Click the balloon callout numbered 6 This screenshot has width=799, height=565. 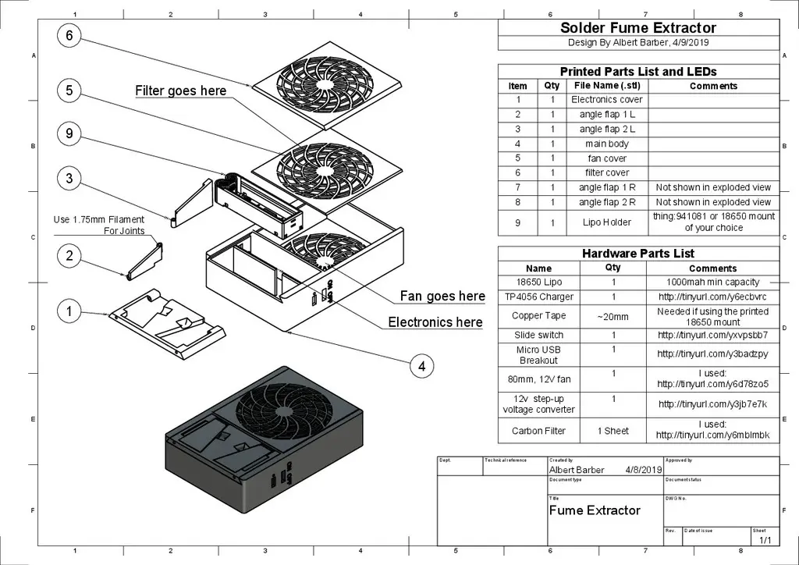tap(69, 36)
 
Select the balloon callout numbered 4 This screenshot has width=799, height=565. tap(421, 366)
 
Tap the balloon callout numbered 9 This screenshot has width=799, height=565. tap(69, 134)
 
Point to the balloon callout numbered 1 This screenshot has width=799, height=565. tap(69, 311)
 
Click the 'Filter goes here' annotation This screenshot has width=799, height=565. tap(181, 91)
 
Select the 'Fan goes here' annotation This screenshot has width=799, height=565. tap(442, 296)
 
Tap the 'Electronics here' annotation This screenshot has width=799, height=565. tap(435, 322)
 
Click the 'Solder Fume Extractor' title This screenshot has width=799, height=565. tap(638, 28)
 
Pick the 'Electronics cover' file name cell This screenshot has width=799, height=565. tap(607, 100)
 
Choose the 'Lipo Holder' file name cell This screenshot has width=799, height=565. tap(607, 222)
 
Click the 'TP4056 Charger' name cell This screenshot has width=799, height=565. tap(538, 297)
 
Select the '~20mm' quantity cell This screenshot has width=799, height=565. tap(613, 316)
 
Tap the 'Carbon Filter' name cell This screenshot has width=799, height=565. tap(538, 431)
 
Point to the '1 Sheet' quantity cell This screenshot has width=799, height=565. tap(613, 431)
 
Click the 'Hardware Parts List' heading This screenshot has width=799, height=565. tap(638, 254)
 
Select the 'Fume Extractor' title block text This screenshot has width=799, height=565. tap(595, 510)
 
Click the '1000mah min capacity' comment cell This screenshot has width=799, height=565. tap(713, 282)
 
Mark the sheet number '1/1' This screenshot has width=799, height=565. tap(764, 540)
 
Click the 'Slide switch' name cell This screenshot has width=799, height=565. tap(538, 335)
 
